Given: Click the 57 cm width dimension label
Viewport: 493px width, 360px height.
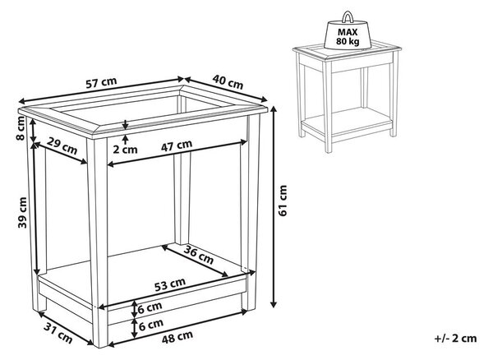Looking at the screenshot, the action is (x=101, y=82).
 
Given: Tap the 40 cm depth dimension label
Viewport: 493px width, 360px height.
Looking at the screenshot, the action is (x=228, y=81).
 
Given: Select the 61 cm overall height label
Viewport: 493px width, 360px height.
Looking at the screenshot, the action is (x=283, y=201).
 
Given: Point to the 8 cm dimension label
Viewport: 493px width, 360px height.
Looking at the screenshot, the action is (x=21, y=128).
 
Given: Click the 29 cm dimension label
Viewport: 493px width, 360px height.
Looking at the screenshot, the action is (x=62, y=145).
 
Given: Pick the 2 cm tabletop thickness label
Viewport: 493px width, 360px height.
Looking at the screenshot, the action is (x=126, y=150).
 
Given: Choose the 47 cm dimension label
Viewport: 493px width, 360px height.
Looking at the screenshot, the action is (x=177, y=145).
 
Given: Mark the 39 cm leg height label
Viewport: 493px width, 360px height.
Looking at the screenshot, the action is (x=22, y=213).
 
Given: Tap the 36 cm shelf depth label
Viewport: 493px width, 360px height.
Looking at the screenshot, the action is (x=199, y=255).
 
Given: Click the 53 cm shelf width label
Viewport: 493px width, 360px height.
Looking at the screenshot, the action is (x=170, y=284).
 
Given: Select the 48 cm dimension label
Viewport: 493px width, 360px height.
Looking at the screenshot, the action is (x=177, y=337).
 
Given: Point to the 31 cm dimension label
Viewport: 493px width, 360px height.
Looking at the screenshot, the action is (x=58, y=333).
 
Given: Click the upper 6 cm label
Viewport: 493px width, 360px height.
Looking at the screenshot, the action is (x=150, y=307).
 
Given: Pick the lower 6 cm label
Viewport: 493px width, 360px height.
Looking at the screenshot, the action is (x=151, y=324).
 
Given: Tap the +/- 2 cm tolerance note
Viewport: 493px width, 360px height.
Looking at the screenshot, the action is (x=455, y=339).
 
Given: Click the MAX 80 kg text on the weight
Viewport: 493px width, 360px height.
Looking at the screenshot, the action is (x=348, y=36).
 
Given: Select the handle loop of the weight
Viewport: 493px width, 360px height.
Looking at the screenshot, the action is (x=348, y=17).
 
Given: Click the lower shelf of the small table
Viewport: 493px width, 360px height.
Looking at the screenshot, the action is (x=347, y=122).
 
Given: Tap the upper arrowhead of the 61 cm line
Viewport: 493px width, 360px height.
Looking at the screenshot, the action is (x=274, y=109).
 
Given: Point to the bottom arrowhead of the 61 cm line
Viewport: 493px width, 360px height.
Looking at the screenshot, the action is (x=274, y=304).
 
